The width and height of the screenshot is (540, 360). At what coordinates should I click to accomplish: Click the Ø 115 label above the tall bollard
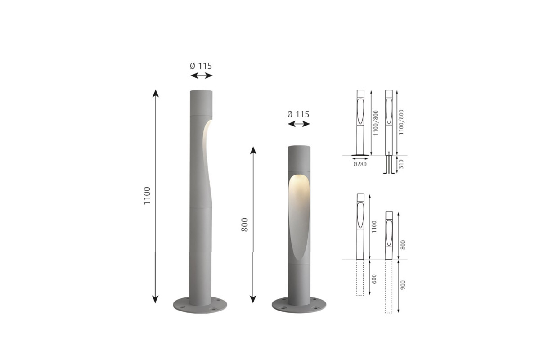[x=201, y=66]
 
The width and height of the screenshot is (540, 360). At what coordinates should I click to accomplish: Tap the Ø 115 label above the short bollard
[x=298, y=114]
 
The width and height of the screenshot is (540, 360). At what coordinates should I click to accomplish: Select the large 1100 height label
[x=147, y=196]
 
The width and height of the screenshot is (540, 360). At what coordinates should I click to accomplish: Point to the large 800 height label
[x=244, y=225]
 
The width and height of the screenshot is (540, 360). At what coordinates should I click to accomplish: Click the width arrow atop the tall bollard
[x=202, y=76]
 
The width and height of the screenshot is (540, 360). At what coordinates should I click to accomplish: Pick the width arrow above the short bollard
[x=299, y=124]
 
